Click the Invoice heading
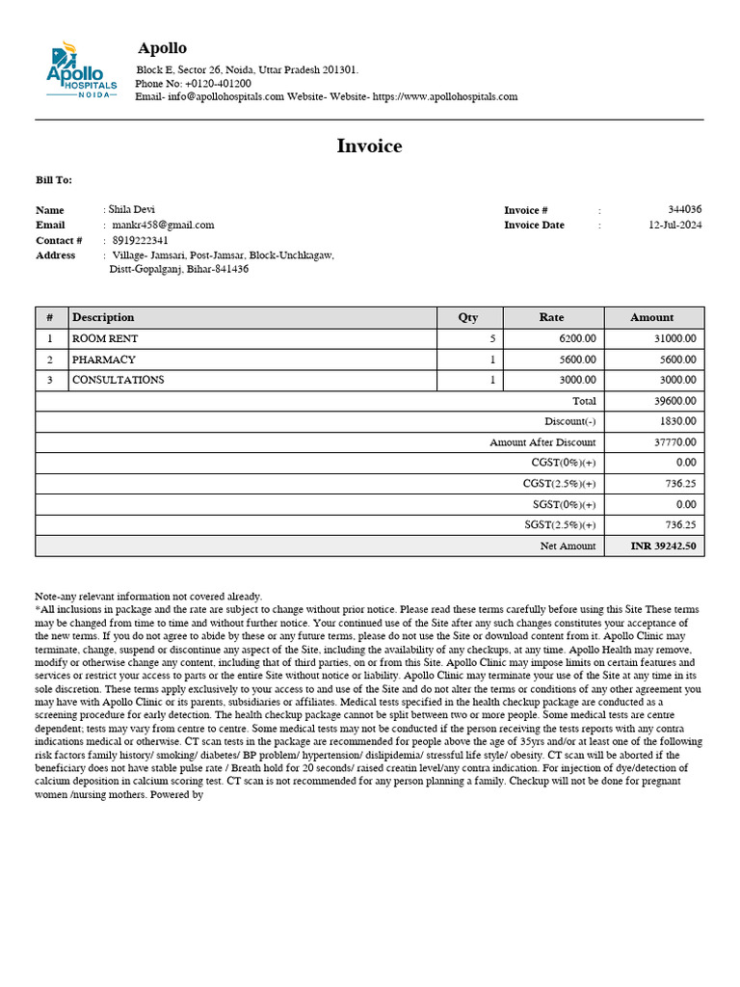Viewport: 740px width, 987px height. point(369,147)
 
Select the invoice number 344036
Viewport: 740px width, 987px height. point(684,209)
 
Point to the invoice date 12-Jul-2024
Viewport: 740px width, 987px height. point(674,225)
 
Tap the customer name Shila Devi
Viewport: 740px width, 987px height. point(131,209)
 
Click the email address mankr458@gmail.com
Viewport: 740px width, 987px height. point(163,225)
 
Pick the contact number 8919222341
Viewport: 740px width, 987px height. point(141,240)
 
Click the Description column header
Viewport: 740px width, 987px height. point(103,317)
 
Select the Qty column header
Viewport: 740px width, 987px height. point(468,317)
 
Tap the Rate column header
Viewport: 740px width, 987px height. point(552,317)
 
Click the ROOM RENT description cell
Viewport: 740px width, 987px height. point(105,339)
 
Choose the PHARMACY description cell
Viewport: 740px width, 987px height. point(104,360)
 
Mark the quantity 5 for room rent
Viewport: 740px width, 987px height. point(492,339)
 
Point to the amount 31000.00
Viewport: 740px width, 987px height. point(675,339)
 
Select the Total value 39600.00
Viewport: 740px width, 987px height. point(675,401)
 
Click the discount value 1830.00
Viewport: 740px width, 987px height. point(678,421)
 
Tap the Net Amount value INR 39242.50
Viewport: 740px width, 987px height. point(663,546)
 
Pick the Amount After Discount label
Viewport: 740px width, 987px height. point(542,442)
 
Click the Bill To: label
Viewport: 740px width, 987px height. point(54,180)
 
